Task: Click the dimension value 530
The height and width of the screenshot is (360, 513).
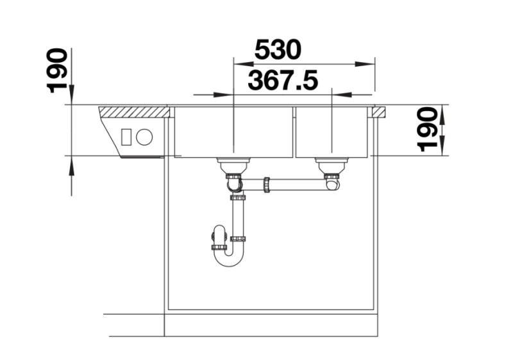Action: click(x=278, y=49)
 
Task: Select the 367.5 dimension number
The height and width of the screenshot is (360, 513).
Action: click(x=283, y=81)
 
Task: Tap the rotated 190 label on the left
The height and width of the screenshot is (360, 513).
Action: click(x=58, y=70)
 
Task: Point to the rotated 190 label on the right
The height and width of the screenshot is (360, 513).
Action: click(x=428, y=129)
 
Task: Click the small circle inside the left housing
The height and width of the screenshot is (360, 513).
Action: click(x=144, y=137)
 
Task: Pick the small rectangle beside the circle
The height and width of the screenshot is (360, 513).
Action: click(x=127, y=137)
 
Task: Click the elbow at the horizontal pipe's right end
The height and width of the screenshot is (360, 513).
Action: click(x=333, y=184)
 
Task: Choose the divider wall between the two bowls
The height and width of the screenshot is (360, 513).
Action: click(x=294, y=132)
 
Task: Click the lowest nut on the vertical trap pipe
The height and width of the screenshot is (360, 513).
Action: click(x=238, y=239)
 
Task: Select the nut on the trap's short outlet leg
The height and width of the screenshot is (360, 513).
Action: click(x=219, y=247)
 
